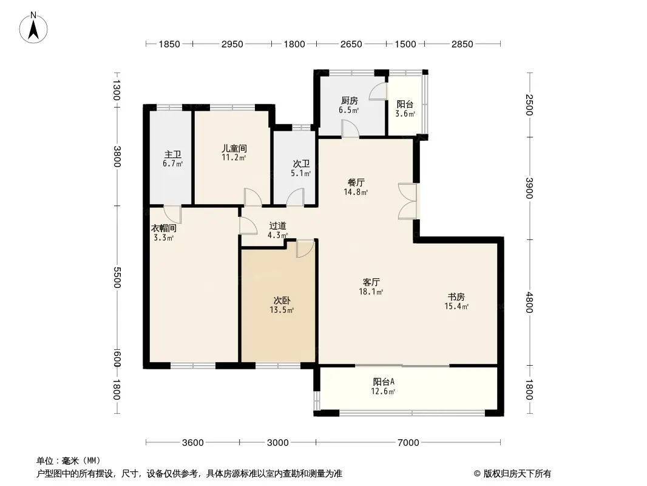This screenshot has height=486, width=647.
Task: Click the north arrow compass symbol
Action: point(33,28)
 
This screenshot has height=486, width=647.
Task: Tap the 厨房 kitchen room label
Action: point(349,100)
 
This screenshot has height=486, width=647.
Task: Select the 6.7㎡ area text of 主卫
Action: point(172,163)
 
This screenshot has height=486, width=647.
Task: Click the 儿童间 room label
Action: point(234,148)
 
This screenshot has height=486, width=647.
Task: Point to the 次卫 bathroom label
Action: point(301,164)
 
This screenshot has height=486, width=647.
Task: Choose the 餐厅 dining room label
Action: point(356,182)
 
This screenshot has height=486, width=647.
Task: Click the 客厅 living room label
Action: point(371,282)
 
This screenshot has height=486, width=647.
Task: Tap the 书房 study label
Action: point(456,297)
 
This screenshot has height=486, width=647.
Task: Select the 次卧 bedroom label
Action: point(282,301)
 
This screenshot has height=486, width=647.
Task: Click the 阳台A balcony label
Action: point(384,382)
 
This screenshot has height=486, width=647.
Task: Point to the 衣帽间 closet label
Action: point(163,228)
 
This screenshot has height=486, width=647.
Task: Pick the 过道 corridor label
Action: point(277,226)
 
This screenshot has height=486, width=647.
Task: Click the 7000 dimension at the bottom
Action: point(408,443)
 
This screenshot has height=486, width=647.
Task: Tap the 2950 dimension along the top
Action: point(232,44)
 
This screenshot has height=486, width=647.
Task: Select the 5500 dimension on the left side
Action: point(117,278)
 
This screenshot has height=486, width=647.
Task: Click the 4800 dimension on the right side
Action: point(529,303)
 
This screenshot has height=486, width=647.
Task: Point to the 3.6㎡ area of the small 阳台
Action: point(405,114)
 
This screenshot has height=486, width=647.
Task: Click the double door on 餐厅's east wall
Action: point(408,201)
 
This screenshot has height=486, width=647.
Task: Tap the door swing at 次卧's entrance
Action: point(305,248)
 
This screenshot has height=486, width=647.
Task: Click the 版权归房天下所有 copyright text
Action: point(517,474)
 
